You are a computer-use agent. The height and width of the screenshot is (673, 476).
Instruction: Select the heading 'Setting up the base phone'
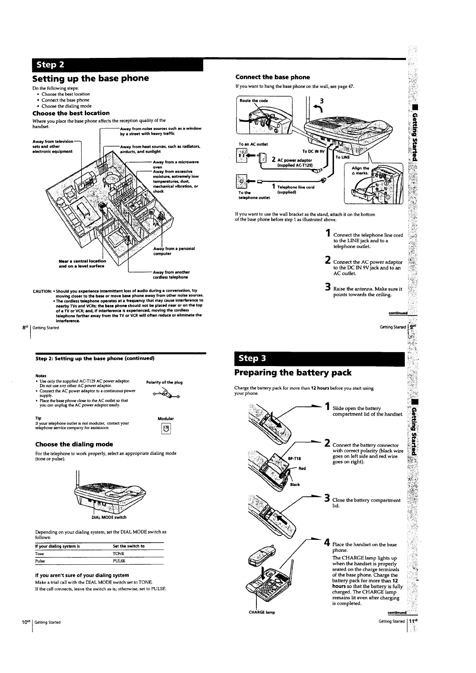(90, 78)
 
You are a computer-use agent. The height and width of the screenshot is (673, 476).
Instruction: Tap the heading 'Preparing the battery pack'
(293, 372)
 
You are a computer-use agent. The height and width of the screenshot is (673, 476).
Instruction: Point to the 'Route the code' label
(254, 101)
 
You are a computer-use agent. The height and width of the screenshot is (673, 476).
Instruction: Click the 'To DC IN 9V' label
(314, 151)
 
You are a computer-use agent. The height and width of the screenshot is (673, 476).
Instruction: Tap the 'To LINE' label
(343, 157)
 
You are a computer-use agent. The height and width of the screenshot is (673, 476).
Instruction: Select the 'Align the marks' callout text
(360, 171)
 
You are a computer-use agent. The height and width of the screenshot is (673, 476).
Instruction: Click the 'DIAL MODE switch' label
(109, 517)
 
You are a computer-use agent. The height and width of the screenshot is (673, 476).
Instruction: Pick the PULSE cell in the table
(119, 561)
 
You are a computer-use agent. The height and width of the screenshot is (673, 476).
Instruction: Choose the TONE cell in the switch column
(118, 554)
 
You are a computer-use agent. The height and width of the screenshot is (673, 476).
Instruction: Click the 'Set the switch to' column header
(129, 546)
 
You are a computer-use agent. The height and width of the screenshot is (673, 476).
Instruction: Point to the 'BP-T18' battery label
(294, 458)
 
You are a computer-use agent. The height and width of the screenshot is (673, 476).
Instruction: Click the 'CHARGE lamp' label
(262, 612)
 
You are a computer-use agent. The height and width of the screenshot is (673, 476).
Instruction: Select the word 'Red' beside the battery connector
(302, 468)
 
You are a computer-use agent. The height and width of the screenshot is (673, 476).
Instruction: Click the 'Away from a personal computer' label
(174, 251)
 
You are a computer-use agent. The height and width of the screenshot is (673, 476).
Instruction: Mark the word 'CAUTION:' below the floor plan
(42, 291)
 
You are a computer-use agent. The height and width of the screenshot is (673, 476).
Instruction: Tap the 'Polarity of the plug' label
(164, 382)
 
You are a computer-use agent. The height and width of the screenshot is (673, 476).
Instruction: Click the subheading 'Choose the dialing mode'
(74, 444)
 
